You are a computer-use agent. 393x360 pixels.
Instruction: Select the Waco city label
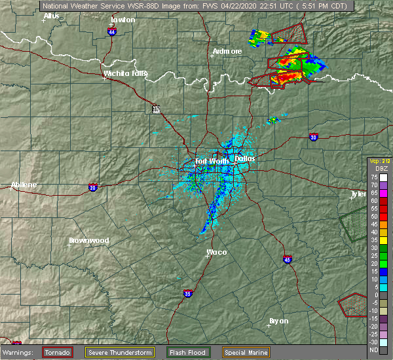click(217, 251)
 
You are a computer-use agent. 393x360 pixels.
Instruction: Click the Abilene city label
click(24, 185)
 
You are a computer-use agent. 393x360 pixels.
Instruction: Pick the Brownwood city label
click(88, 240)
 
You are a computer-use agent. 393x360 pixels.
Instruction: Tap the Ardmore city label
click(227, 51)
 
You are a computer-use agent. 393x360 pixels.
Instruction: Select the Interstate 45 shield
click(288, 260)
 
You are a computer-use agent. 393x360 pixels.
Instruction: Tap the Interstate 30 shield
click(313, 137)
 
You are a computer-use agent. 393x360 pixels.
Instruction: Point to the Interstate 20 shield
click(92, 188)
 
